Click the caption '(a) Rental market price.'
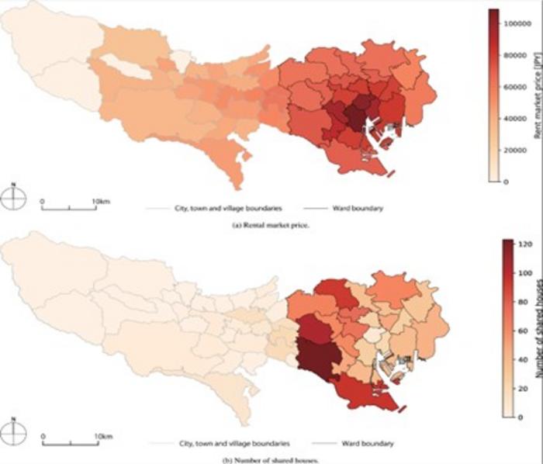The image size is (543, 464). click(271, 223)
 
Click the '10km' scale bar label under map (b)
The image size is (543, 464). click(102, 436)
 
